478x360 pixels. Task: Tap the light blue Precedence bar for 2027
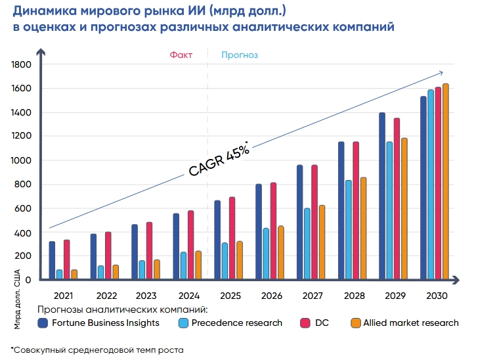307,244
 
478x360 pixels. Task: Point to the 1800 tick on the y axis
22,64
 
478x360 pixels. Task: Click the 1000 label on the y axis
22,160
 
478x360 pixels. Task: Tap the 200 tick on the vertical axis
24,256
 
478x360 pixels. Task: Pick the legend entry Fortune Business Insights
98,323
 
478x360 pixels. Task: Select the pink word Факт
181,55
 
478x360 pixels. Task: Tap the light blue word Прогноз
240,55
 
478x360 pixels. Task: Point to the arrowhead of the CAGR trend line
442,72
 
